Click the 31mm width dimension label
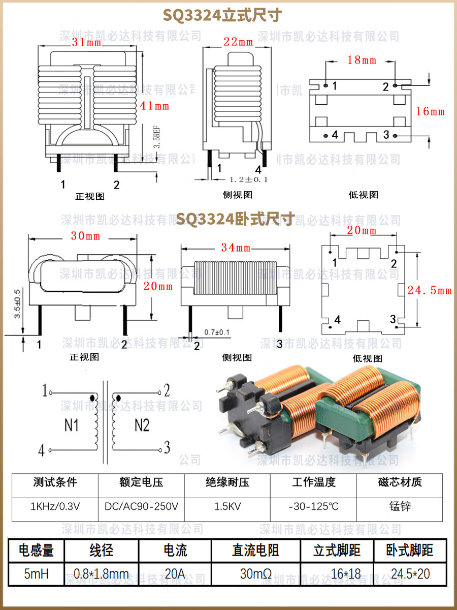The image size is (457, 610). pos(86,43)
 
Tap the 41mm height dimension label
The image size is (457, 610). pos(155,106)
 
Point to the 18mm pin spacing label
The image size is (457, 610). pos(362,60)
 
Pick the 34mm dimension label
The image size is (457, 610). pos(236,248)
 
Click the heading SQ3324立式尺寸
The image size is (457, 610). pos(222,16)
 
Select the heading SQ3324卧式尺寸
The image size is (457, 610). pos(235,219)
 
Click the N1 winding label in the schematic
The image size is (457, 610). pos(72,425)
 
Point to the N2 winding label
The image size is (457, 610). pos(142,425)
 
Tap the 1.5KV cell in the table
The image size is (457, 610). pos(227,507)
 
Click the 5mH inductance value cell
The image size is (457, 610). pos(36,574)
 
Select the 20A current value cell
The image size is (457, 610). pos(175,574)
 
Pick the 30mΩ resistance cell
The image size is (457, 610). pos(255,574)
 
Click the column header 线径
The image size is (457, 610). pos(101,550)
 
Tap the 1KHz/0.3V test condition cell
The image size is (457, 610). pos(55,507)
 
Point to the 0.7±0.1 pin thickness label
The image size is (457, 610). pos(217,332)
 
